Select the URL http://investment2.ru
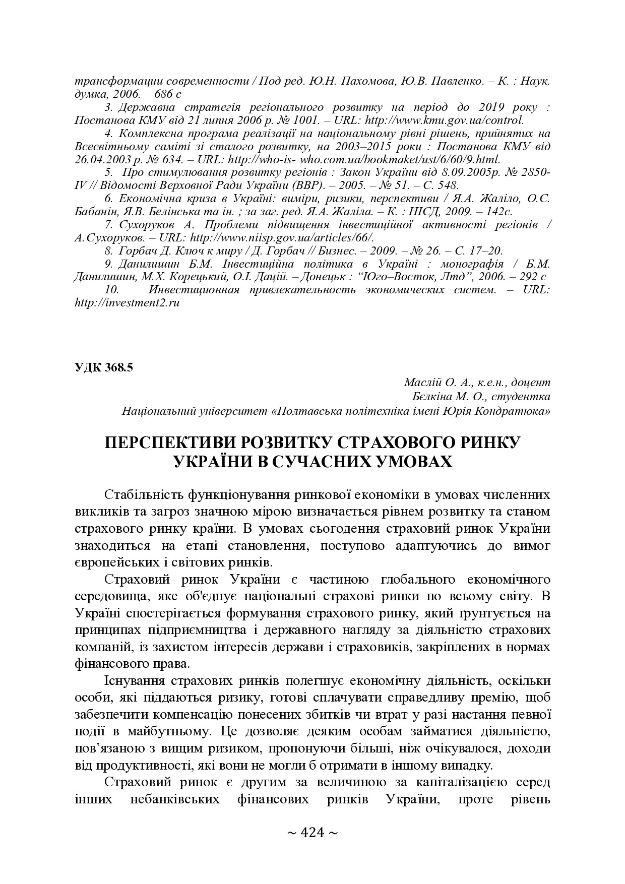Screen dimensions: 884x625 coord(127,303)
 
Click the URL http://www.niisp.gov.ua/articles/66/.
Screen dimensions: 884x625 coord(283,237)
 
